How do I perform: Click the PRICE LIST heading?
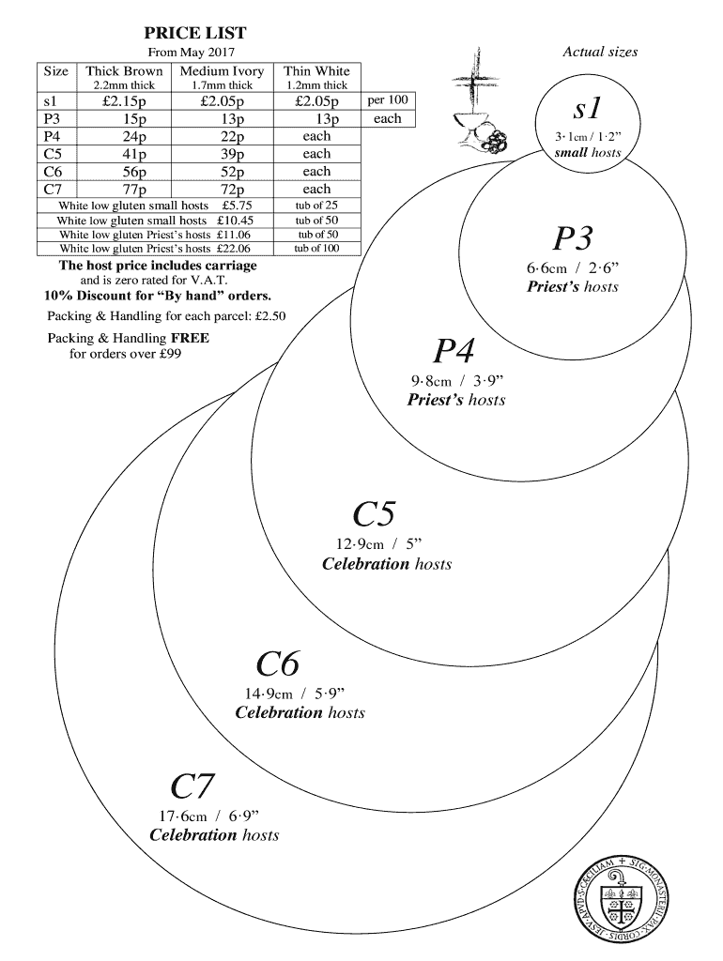(195, 33)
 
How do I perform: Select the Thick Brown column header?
(124, 71)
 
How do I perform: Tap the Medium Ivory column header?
(223, 71)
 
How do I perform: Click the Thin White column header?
(316, 71)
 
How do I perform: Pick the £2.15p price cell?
(124, 101)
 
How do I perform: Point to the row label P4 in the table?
(53, 137)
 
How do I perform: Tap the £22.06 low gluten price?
(233, 249)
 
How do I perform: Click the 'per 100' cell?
(387, 99)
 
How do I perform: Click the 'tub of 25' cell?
(316, 205)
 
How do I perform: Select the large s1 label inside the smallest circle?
(588, 109)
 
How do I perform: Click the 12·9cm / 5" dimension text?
(380, 544)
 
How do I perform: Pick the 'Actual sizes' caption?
(600, 52)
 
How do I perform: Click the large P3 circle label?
(572, 239)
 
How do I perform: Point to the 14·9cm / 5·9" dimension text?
(296, 694)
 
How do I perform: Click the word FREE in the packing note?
(190, 338)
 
